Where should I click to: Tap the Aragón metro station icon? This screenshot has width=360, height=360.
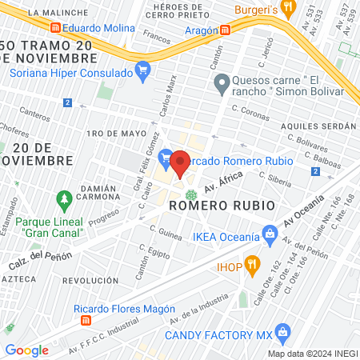click(226, 30)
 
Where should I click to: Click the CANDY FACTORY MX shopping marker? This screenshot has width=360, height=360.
click(281, 331)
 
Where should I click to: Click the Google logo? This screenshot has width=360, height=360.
click(26, 350)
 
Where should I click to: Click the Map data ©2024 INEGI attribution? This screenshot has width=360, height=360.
click(312, 353)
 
